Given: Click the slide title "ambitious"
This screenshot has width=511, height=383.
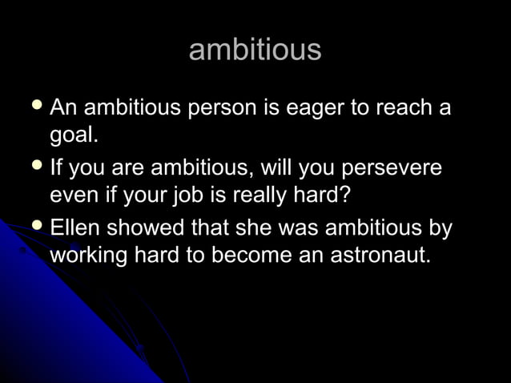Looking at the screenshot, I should click(x=255, y=50).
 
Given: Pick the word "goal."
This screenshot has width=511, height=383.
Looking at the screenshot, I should click(x=74, y=136).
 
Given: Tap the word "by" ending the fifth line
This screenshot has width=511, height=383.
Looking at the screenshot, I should click(x=441, y=229).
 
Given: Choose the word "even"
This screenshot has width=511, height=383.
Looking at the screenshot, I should click(x=74, y=197).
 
